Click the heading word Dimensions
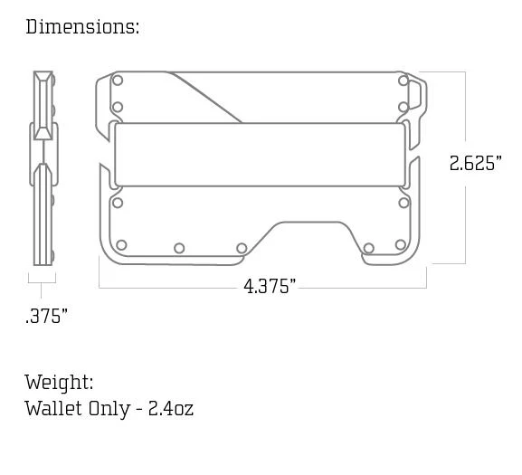(81, 26)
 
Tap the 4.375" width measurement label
(269, 287)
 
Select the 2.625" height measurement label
(475, 164)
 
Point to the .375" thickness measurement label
(46, 317)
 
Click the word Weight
(59, 382)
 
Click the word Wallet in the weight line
(52, 408)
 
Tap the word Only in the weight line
(108, 408)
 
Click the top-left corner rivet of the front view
(118, 81)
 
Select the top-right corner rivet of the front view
(403, 81)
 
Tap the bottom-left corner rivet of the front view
(121, 245)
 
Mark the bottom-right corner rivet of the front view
(401, 245)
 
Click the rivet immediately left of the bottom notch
(242, 248)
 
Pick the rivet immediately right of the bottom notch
(368, 248)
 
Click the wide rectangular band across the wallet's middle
(260, 155)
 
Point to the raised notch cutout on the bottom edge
(306, 232)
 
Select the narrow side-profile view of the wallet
(43, 168)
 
